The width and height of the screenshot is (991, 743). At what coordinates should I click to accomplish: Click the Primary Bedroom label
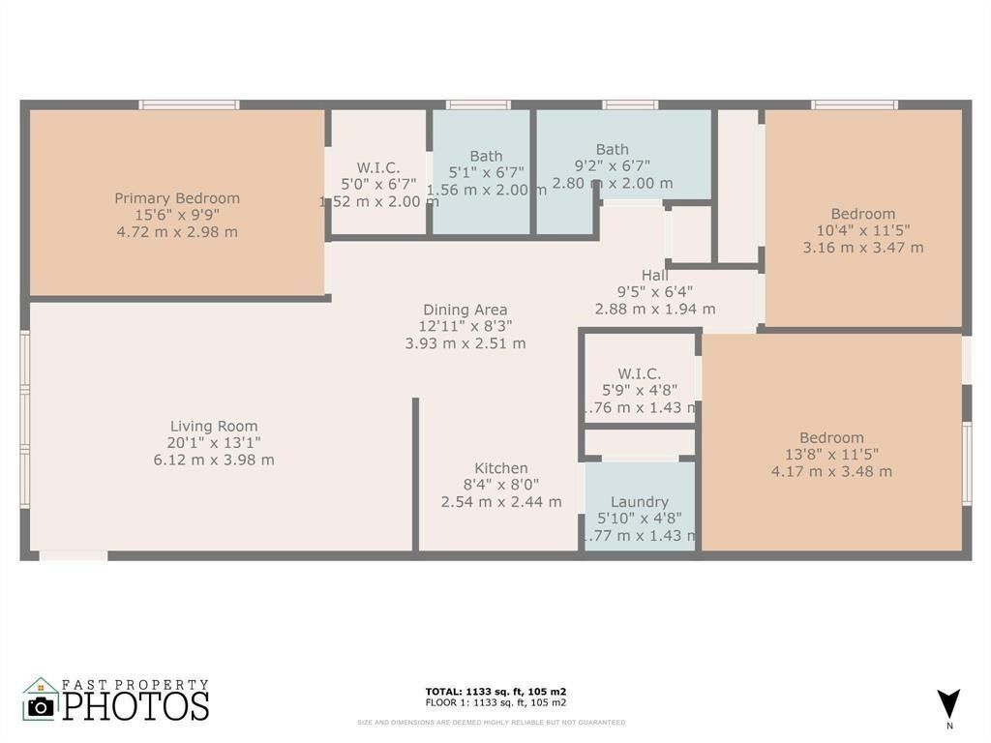click(x=177, y=198)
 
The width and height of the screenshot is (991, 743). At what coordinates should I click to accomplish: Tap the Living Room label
click(x=214, y=426)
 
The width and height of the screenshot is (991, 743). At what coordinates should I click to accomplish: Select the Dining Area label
click(x=465, y=310)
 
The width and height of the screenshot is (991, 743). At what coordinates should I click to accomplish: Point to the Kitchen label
click(x=501, y=468)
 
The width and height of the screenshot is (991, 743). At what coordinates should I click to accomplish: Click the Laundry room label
click(x=639, y=502)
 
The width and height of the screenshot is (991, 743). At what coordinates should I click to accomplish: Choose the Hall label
click(x=655, y=275)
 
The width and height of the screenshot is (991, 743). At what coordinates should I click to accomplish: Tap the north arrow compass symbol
click(x=948, y=704)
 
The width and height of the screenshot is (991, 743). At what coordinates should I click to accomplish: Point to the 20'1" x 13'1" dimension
click(x=213, y=443)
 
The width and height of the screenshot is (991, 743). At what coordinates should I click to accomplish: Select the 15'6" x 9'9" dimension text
click(x=177, y=215)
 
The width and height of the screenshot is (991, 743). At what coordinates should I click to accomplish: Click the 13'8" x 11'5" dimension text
click(x=831, y=455)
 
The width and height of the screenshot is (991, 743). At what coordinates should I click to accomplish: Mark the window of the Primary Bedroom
click(x=189, y=104)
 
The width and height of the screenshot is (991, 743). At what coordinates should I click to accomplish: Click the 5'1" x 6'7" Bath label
click(x=486, y=156)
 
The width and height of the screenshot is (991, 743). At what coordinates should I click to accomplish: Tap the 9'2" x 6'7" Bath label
click(x=612, y=149)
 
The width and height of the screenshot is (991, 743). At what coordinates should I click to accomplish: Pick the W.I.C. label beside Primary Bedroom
click(x=378, y=167)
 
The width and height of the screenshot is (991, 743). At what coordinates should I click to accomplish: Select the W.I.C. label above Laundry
click(x=640, y=373)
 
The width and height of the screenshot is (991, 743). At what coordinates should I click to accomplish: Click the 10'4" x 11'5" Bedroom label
click(x=863, y=214)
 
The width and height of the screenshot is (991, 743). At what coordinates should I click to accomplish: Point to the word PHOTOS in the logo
click(x=136, y=705)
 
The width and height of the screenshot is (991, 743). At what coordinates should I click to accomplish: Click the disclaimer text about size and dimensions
click(x=491, y=722)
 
